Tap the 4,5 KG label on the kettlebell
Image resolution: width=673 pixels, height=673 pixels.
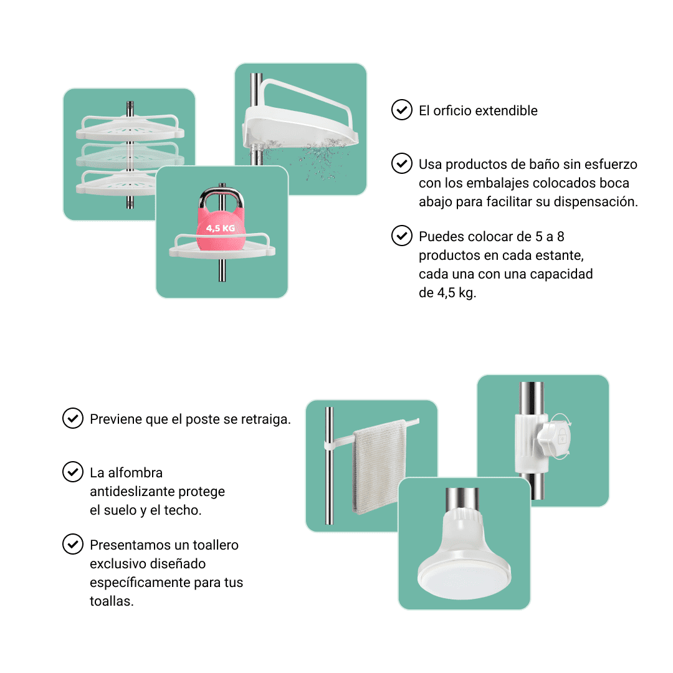[x=221, y=228]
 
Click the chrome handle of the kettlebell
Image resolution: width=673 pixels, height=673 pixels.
[x=221, y=198]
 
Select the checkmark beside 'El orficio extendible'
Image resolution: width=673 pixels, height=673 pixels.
[x=402, y=110]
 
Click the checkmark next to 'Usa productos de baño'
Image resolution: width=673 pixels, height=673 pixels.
[x=402, y=163]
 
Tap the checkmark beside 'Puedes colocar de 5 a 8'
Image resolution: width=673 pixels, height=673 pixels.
[x=402, y=236]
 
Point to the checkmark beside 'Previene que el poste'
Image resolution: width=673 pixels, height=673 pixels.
[x=73, y=419]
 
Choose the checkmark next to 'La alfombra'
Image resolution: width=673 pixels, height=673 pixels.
[x=73, y=472]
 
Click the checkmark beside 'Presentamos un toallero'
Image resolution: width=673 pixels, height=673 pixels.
[x=73, y=544]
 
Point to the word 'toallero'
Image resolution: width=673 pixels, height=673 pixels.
[x=216, y=545]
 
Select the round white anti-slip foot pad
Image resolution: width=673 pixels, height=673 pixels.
[x=464, y=575]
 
